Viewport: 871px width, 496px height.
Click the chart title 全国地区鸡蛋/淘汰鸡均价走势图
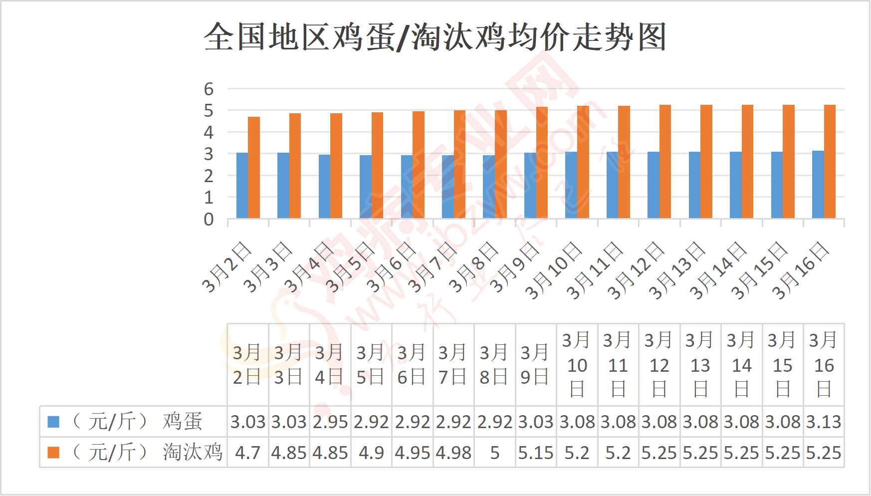pos(435,37)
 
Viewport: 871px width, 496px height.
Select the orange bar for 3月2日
pos(254,168)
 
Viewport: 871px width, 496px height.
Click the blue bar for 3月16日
pos(818,185)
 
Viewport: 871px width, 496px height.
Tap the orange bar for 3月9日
pos(542,163)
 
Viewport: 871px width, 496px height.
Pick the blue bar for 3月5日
pos(365,187)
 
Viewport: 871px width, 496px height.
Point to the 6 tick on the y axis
pos(209,89)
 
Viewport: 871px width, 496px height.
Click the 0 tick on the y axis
pos(209,220)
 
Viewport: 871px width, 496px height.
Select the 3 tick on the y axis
pos(209,155)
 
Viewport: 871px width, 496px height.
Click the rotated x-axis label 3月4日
pos(309,267)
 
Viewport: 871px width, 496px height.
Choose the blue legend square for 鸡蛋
pos(53,422)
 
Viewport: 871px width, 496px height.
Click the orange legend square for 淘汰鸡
pos(53,453)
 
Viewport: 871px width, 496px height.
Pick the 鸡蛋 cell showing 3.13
pos(824,422)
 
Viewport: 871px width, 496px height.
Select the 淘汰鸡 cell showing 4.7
pos(247,453)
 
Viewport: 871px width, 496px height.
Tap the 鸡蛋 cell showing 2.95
pos(330,422)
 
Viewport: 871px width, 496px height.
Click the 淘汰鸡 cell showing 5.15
pos(536,453)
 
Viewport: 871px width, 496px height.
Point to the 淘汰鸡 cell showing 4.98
pos(453,453)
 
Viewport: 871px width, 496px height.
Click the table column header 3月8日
pos(494,365)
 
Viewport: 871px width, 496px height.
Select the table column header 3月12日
pos(659,365)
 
